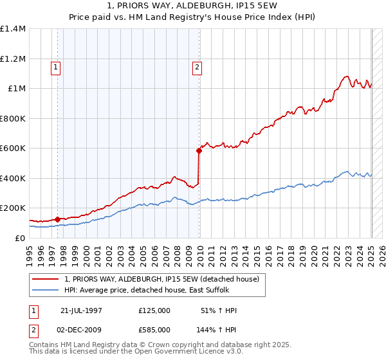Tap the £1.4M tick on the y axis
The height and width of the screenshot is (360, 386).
point(13,29)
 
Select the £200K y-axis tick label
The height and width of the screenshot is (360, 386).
point(13,208)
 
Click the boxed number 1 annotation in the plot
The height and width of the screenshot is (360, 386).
point(56,66)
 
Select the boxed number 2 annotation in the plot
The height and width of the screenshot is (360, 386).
point(196,66)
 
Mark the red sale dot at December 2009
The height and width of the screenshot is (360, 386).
point(199,150)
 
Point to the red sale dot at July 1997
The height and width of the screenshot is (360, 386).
point(58,219)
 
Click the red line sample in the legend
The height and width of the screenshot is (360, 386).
point(46,279)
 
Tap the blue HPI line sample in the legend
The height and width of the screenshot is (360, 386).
point(46,289)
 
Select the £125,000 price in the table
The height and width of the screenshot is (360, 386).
point(154,310)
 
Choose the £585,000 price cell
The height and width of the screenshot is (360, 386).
point(154,329)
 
